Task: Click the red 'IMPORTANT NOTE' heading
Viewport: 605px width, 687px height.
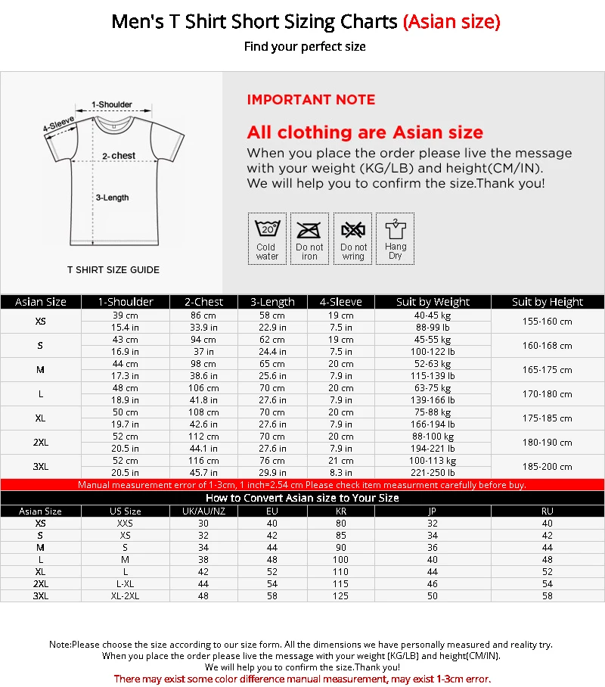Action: tap(311, 100)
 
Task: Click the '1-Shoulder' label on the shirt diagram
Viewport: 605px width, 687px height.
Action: tap(112, 104)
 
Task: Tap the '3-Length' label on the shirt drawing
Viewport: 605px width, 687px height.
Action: tap(112, 197)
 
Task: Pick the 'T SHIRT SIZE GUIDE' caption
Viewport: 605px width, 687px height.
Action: tap(113, 269)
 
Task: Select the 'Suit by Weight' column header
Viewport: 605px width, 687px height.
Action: tap(433, 302)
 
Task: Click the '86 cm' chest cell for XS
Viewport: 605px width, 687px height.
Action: tap(203, 316)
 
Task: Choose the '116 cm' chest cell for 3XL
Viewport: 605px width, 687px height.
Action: tap(203, 461)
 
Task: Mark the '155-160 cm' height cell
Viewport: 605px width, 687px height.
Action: tap(547, 322)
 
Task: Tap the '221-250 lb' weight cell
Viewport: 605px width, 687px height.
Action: tap(433, 473)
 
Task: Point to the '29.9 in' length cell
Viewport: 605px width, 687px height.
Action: tap(272, 473)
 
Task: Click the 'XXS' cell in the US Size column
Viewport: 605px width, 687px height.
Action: tap(125, 524)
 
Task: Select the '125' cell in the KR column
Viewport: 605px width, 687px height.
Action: tap(340, 596)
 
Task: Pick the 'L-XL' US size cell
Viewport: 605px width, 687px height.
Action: tap(125, 584)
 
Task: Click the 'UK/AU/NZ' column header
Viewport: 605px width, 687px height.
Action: tap(203, 511)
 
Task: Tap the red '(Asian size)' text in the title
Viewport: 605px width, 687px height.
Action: tap(451, 22)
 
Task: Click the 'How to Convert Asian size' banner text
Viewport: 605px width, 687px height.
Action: tap(302, 498)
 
